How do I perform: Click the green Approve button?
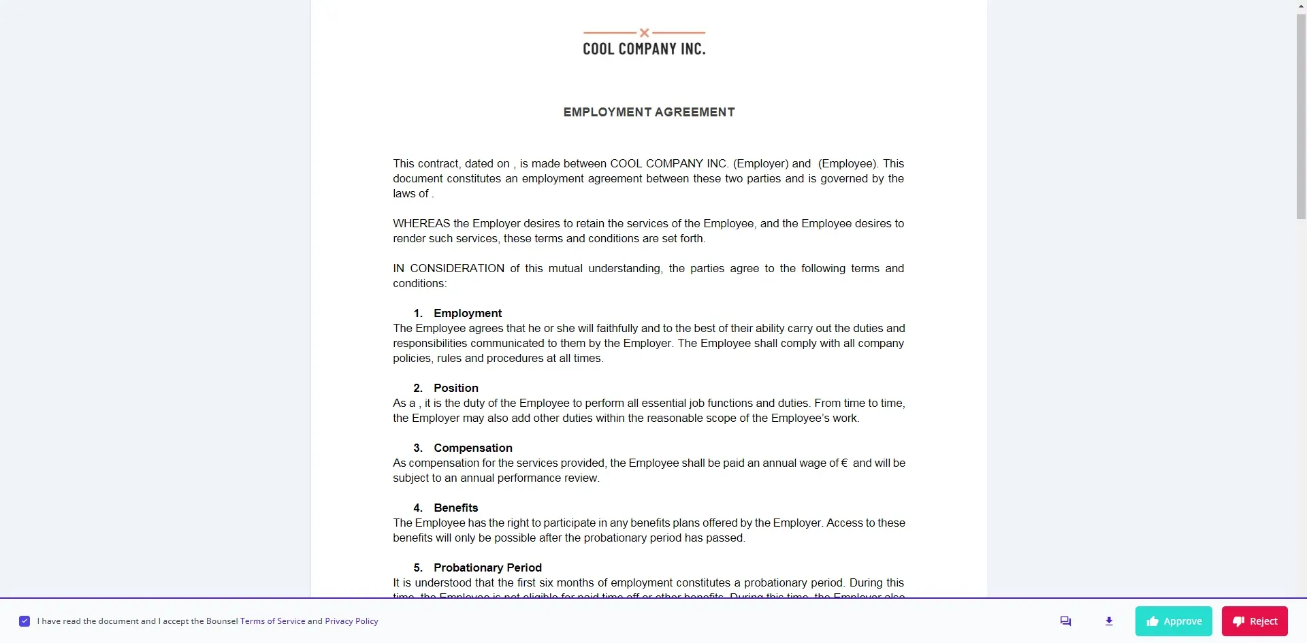tap(1174, 621)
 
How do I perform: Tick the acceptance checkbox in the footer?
tap(25, 621)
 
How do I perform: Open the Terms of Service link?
tap(272, 621)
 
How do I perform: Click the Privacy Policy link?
tap(351, 621)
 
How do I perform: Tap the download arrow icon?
tap(1109, 621)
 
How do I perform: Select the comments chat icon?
tap(1065, 621)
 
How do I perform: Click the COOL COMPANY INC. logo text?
tap(644, 49)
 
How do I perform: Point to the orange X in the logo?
tap(644, 33)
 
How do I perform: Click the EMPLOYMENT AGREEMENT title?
tap(649, 112)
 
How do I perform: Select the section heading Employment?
tap(468, 313)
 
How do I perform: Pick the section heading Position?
tap(456, 388)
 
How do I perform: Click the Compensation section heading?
tap(473, 448)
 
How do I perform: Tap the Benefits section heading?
tap(456, 508)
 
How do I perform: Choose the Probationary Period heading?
tap(487, 567)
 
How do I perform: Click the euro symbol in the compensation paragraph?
tap(844, 463)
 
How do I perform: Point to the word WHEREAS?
tap(421, 223)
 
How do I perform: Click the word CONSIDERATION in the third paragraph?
tap(457, 268)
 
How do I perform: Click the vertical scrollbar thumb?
tap(1301, 116)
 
